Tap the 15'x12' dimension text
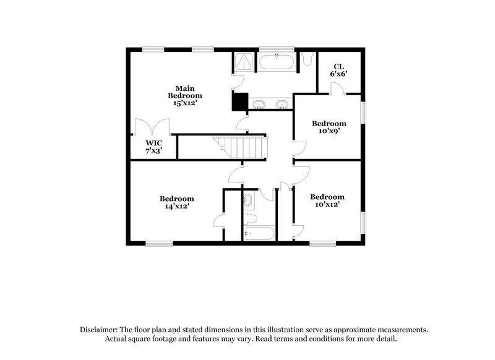[184, 103]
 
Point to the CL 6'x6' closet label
[338, 70]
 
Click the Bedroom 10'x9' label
[328, 126]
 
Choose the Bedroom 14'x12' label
[177, 202]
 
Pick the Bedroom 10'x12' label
[327, 200]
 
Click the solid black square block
[239, 101]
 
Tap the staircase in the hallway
[245, 148]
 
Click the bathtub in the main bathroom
[277, 62]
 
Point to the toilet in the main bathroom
[308, 59]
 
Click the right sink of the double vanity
[283, 104]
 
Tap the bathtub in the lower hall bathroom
[259, 233]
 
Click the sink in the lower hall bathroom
[248, 199]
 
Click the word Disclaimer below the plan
[101, 330]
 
